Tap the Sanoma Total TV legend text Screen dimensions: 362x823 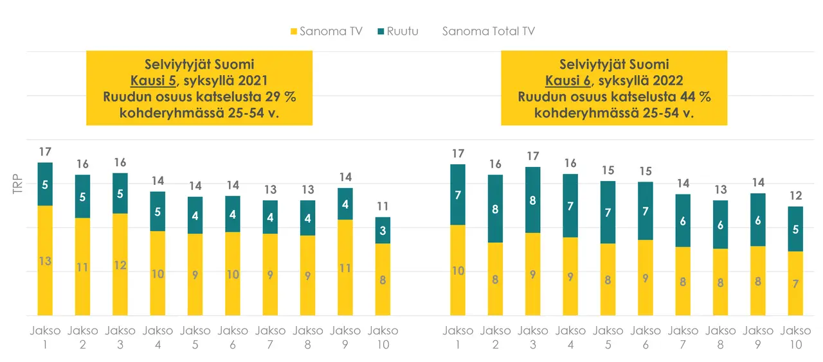(488, 31)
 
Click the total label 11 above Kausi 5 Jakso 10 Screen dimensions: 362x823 (383, 207)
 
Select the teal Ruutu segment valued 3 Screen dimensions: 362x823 (383, 230)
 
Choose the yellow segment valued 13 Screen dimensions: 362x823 (45, 261)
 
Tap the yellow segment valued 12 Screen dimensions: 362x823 (120, 264)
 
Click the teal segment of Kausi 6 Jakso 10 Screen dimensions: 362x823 (795, 229)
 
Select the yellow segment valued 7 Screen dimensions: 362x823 (795, 283)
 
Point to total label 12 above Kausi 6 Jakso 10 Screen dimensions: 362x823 (795, 196)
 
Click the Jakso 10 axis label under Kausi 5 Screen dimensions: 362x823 (383, 338)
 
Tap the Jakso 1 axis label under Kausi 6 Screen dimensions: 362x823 (458, 338)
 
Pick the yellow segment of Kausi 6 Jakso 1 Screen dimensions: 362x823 (458, 270)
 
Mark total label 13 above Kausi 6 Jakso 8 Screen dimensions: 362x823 (721, 190)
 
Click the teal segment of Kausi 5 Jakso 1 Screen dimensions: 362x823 (45, 184)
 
